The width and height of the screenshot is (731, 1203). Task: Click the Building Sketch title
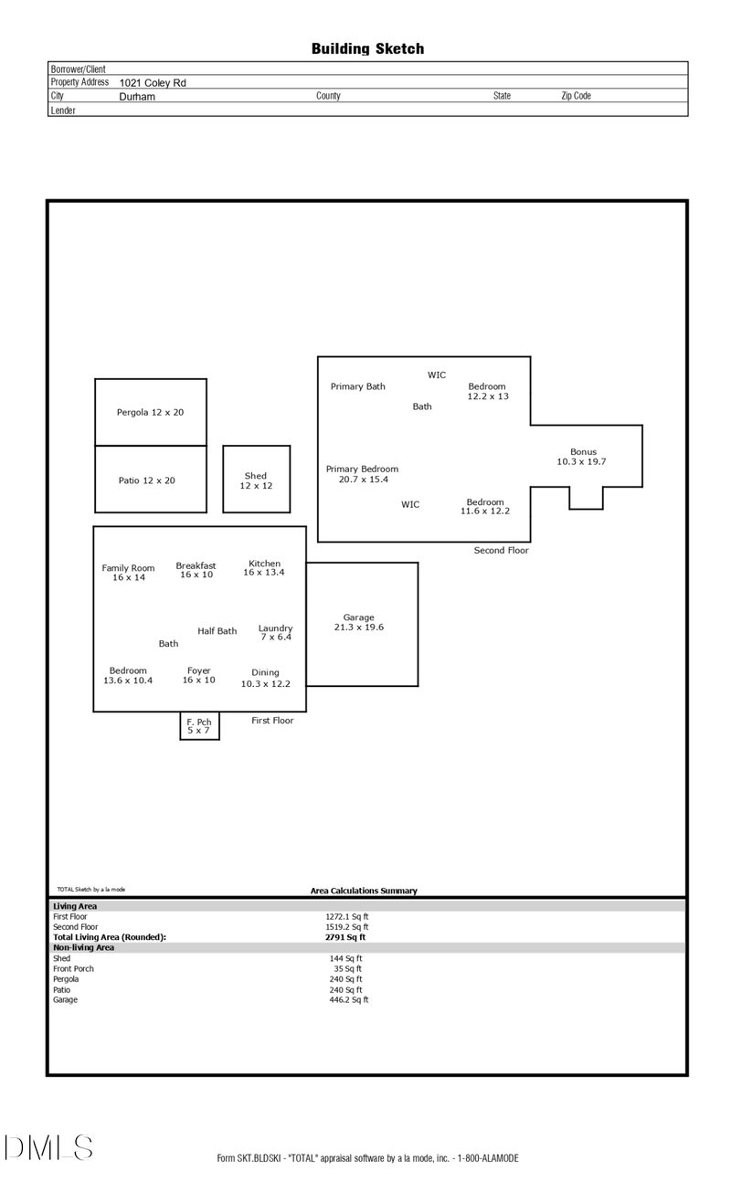[x=367, y=49]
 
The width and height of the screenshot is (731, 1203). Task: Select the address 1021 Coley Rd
[x=153, y=82]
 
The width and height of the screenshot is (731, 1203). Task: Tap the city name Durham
[x=137, y=96]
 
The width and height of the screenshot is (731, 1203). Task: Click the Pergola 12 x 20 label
[x=150, y=412]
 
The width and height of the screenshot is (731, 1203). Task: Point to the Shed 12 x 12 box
[x=256, y=480]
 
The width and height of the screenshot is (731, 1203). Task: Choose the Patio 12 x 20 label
[x=146, y=480]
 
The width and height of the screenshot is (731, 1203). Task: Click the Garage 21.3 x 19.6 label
[x=358, y=623]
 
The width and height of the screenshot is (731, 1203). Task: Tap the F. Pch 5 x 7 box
[x=199, y=726]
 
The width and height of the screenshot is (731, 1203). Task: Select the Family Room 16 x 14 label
[x=129, y=573]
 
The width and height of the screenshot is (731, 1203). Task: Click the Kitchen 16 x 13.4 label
[x=264, y=568]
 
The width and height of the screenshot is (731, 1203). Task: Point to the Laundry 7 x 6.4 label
[x=275, y=632]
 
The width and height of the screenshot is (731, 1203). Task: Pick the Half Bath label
[x=217, y=631]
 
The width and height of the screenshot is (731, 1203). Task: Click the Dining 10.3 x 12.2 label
[x=265, y=678]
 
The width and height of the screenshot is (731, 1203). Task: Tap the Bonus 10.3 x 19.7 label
[x=582, y=457]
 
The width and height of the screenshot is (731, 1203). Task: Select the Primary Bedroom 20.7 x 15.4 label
[x=362, y=474]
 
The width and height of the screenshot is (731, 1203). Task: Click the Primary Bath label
[x=357, y=386]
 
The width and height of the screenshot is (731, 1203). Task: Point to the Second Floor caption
[x=501, y=551]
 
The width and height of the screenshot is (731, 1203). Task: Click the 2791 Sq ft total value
[x=345, y=937]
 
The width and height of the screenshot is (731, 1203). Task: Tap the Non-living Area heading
[x=83, y=948]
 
